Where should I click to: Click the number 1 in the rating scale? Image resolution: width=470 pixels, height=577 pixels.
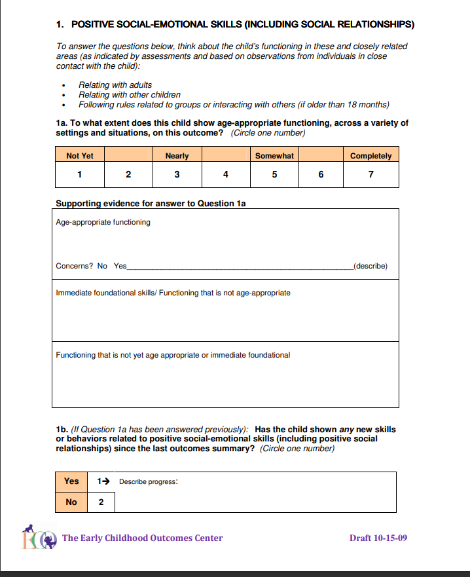click(x=79, y=174)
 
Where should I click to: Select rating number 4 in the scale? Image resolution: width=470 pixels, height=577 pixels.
click(x=226, y=174)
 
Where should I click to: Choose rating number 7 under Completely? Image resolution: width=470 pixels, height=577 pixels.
click(x=371, y=174)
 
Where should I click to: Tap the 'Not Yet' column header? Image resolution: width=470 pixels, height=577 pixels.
click(x=80, y=156)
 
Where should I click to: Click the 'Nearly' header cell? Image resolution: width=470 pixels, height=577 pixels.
click(x=177, y=156)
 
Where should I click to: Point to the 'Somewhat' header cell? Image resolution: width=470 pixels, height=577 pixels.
click(x=274, y=156)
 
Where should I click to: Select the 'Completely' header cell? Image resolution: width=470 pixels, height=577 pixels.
click(x=371, y=156)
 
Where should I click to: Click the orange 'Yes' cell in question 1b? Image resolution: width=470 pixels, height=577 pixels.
click(x=71, y=481)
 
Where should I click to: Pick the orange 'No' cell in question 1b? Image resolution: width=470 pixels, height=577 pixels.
click(x=71, y=502)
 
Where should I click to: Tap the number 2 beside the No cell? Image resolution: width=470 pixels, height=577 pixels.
click(x=101, y=502)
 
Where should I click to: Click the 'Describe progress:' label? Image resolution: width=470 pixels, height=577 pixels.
click(x=149, y=482)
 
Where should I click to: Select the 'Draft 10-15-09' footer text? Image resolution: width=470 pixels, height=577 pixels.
click(x=378, y=538)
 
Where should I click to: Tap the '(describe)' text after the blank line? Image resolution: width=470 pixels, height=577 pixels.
click(x=370, y=266)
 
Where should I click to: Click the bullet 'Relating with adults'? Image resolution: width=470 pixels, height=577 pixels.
click(x=115, y=85)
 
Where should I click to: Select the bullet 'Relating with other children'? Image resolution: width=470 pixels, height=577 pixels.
click(x=129, y=95)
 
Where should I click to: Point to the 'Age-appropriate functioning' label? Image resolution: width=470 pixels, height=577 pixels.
click(x=103, y=222)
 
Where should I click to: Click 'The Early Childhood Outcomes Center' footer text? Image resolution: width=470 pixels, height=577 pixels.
click(x=143, y=538)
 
